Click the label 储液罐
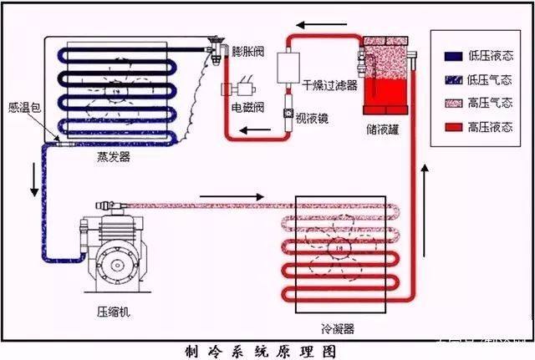tap(382, 128)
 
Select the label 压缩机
tap(114, 312)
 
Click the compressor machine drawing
tap(113, 255)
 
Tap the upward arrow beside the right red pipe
tap(426, 184)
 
